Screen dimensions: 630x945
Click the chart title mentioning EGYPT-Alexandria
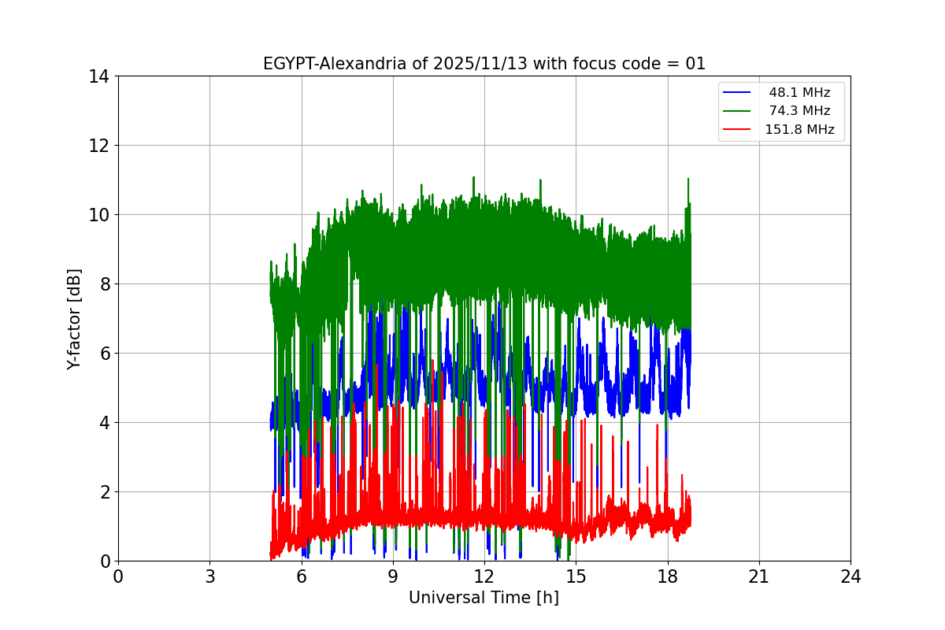[484, 64]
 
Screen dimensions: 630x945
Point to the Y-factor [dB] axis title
[74, 318]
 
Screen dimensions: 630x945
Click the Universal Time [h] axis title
[484, 598]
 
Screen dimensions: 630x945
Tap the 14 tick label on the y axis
[99, 76]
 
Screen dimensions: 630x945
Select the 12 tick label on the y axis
[99, 146]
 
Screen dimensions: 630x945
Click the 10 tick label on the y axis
[99, 215]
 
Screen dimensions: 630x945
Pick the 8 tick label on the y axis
[104, 284]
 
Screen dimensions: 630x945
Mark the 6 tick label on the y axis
[104, 354]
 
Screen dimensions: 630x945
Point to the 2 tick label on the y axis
[104, 492]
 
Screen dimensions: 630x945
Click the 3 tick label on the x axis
[209, 576]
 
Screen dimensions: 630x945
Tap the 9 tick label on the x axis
[393, 576]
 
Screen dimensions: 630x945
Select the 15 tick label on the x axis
[576, 576]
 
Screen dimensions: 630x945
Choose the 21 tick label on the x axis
[759, 576]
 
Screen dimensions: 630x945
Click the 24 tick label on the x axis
[850, 576]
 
